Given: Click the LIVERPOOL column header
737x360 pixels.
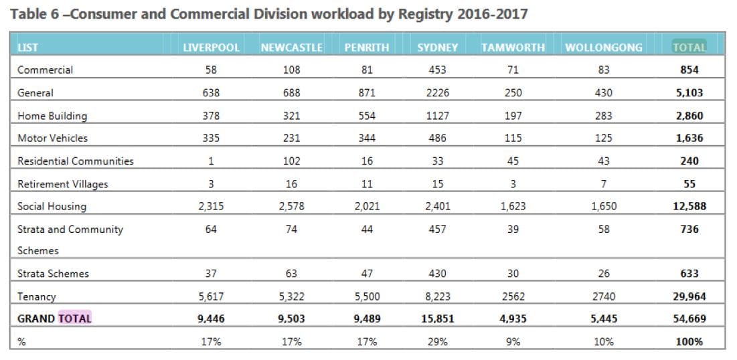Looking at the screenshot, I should click(212, 48).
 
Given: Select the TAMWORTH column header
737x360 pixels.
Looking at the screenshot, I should click(513, 48).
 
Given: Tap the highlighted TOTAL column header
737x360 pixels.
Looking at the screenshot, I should click(689, 48).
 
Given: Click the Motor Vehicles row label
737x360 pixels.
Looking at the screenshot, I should click(52, 139).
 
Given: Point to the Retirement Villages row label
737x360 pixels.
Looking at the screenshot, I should click(62, 184).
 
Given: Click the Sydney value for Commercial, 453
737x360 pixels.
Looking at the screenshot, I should click(437, 70).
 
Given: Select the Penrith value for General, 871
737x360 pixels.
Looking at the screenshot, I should click(366, 93).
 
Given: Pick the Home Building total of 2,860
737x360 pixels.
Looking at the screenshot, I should click(689, 116).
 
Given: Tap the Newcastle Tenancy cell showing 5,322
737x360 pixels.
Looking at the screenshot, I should click(291, 296).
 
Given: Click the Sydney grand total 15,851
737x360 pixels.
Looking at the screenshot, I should click(437, 319).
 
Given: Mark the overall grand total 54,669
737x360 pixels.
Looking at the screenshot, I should click(689, 319).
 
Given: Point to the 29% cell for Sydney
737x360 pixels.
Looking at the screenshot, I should click(437, 342).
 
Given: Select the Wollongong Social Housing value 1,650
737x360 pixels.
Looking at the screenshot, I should click(603, 207).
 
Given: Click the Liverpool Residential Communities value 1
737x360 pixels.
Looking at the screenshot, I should click(211, 161).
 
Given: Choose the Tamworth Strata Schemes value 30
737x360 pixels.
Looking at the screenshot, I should click(513, 274).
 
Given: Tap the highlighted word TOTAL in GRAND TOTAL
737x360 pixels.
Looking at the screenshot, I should click(75, 319).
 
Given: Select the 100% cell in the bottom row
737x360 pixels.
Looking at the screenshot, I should click(689, 342).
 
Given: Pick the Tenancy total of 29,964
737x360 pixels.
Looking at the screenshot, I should click(689, 296).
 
